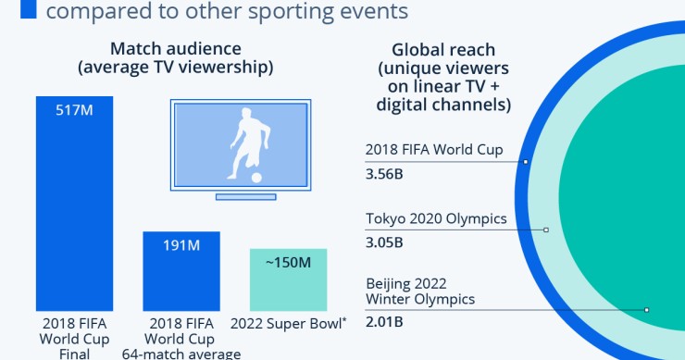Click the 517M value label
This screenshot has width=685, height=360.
click(x=74, y=111)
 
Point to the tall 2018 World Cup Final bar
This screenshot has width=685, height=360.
click(x=74, y=213)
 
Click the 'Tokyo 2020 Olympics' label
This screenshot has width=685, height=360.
click(x=436, y=219)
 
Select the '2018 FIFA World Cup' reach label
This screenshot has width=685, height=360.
click(x=434, y=150)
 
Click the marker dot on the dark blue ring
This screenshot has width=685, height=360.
click(x=526, y=161)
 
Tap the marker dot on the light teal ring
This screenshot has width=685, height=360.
click(x=546, y=230)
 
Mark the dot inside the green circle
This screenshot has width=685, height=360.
click(x=646, y=309)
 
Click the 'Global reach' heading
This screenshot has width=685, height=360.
click(x=442, y=50)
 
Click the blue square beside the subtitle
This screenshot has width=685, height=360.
click(x=29, y=10)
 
